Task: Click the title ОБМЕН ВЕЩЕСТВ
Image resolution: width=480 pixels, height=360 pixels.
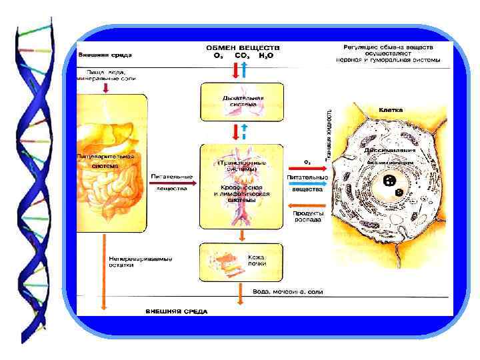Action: click(243, 48)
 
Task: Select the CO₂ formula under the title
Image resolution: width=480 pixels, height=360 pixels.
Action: click(241, 55)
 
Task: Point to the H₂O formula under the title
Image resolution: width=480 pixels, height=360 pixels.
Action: click(267, 55)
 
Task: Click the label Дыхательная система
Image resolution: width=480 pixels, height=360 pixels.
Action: click(243, 101)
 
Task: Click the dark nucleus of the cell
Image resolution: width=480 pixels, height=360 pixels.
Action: click(389, 181)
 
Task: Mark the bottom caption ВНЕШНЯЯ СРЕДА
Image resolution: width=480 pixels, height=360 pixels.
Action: click(177, 311)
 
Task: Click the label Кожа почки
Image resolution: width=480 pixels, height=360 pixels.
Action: click(257, 259)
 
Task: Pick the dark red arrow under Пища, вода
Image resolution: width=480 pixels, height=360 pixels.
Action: click(106, 87)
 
